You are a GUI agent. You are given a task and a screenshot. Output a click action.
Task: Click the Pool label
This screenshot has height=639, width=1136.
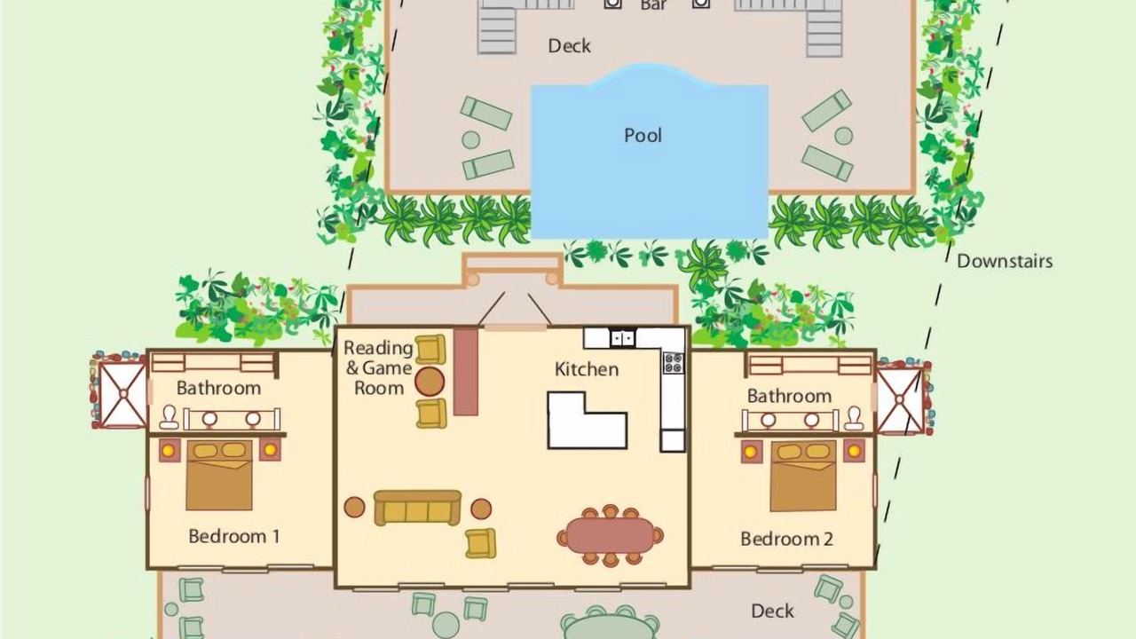click(x=643, y=136)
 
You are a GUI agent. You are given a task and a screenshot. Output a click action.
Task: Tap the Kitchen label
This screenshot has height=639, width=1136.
click(x=587, y=369)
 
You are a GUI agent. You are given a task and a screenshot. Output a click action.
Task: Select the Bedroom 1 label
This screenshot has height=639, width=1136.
click(x=233, y=536)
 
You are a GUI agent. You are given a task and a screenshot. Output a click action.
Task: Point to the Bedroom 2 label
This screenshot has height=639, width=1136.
click(x=786, y=539)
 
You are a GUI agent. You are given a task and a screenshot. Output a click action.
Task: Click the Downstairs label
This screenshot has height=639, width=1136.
click(x=1005, y=261)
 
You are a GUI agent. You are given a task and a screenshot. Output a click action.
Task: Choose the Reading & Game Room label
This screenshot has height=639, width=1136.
click(x=378, y=367)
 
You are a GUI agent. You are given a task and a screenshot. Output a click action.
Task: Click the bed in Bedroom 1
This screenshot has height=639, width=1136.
click(x=219, y=475)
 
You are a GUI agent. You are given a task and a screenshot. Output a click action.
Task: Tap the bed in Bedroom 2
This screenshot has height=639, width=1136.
click(x=803, y=477)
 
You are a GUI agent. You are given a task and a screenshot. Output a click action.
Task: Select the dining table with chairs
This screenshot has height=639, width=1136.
click(x=610, y=535)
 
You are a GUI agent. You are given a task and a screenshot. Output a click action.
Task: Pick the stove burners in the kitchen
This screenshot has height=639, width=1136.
click(x=673, y=363)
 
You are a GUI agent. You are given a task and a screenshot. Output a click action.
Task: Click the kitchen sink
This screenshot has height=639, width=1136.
click(x=622, y=338)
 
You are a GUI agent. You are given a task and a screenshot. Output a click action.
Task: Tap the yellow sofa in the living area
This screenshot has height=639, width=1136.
click(x=417, y=508)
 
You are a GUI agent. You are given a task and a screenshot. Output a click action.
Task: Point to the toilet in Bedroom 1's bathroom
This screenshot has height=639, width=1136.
click(x=169, y=417)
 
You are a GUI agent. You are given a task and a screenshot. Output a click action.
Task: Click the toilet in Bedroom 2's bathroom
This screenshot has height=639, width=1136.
click(x=855, y=418)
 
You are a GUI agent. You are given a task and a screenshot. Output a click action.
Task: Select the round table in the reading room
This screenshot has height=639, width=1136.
click(x=430, y=382)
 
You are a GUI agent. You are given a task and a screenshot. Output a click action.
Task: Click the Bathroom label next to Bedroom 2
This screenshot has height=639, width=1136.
click(x=789, y=396)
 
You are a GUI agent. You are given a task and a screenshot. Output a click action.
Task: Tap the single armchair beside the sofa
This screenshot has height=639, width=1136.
click(x=480, y=543)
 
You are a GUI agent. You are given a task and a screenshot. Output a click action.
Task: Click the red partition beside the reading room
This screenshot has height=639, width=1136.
click(x=466, y=372)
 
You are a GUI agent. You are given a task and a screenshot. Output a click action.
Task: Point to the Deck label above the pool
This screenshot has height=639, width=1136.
click(x=569, y=46)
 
